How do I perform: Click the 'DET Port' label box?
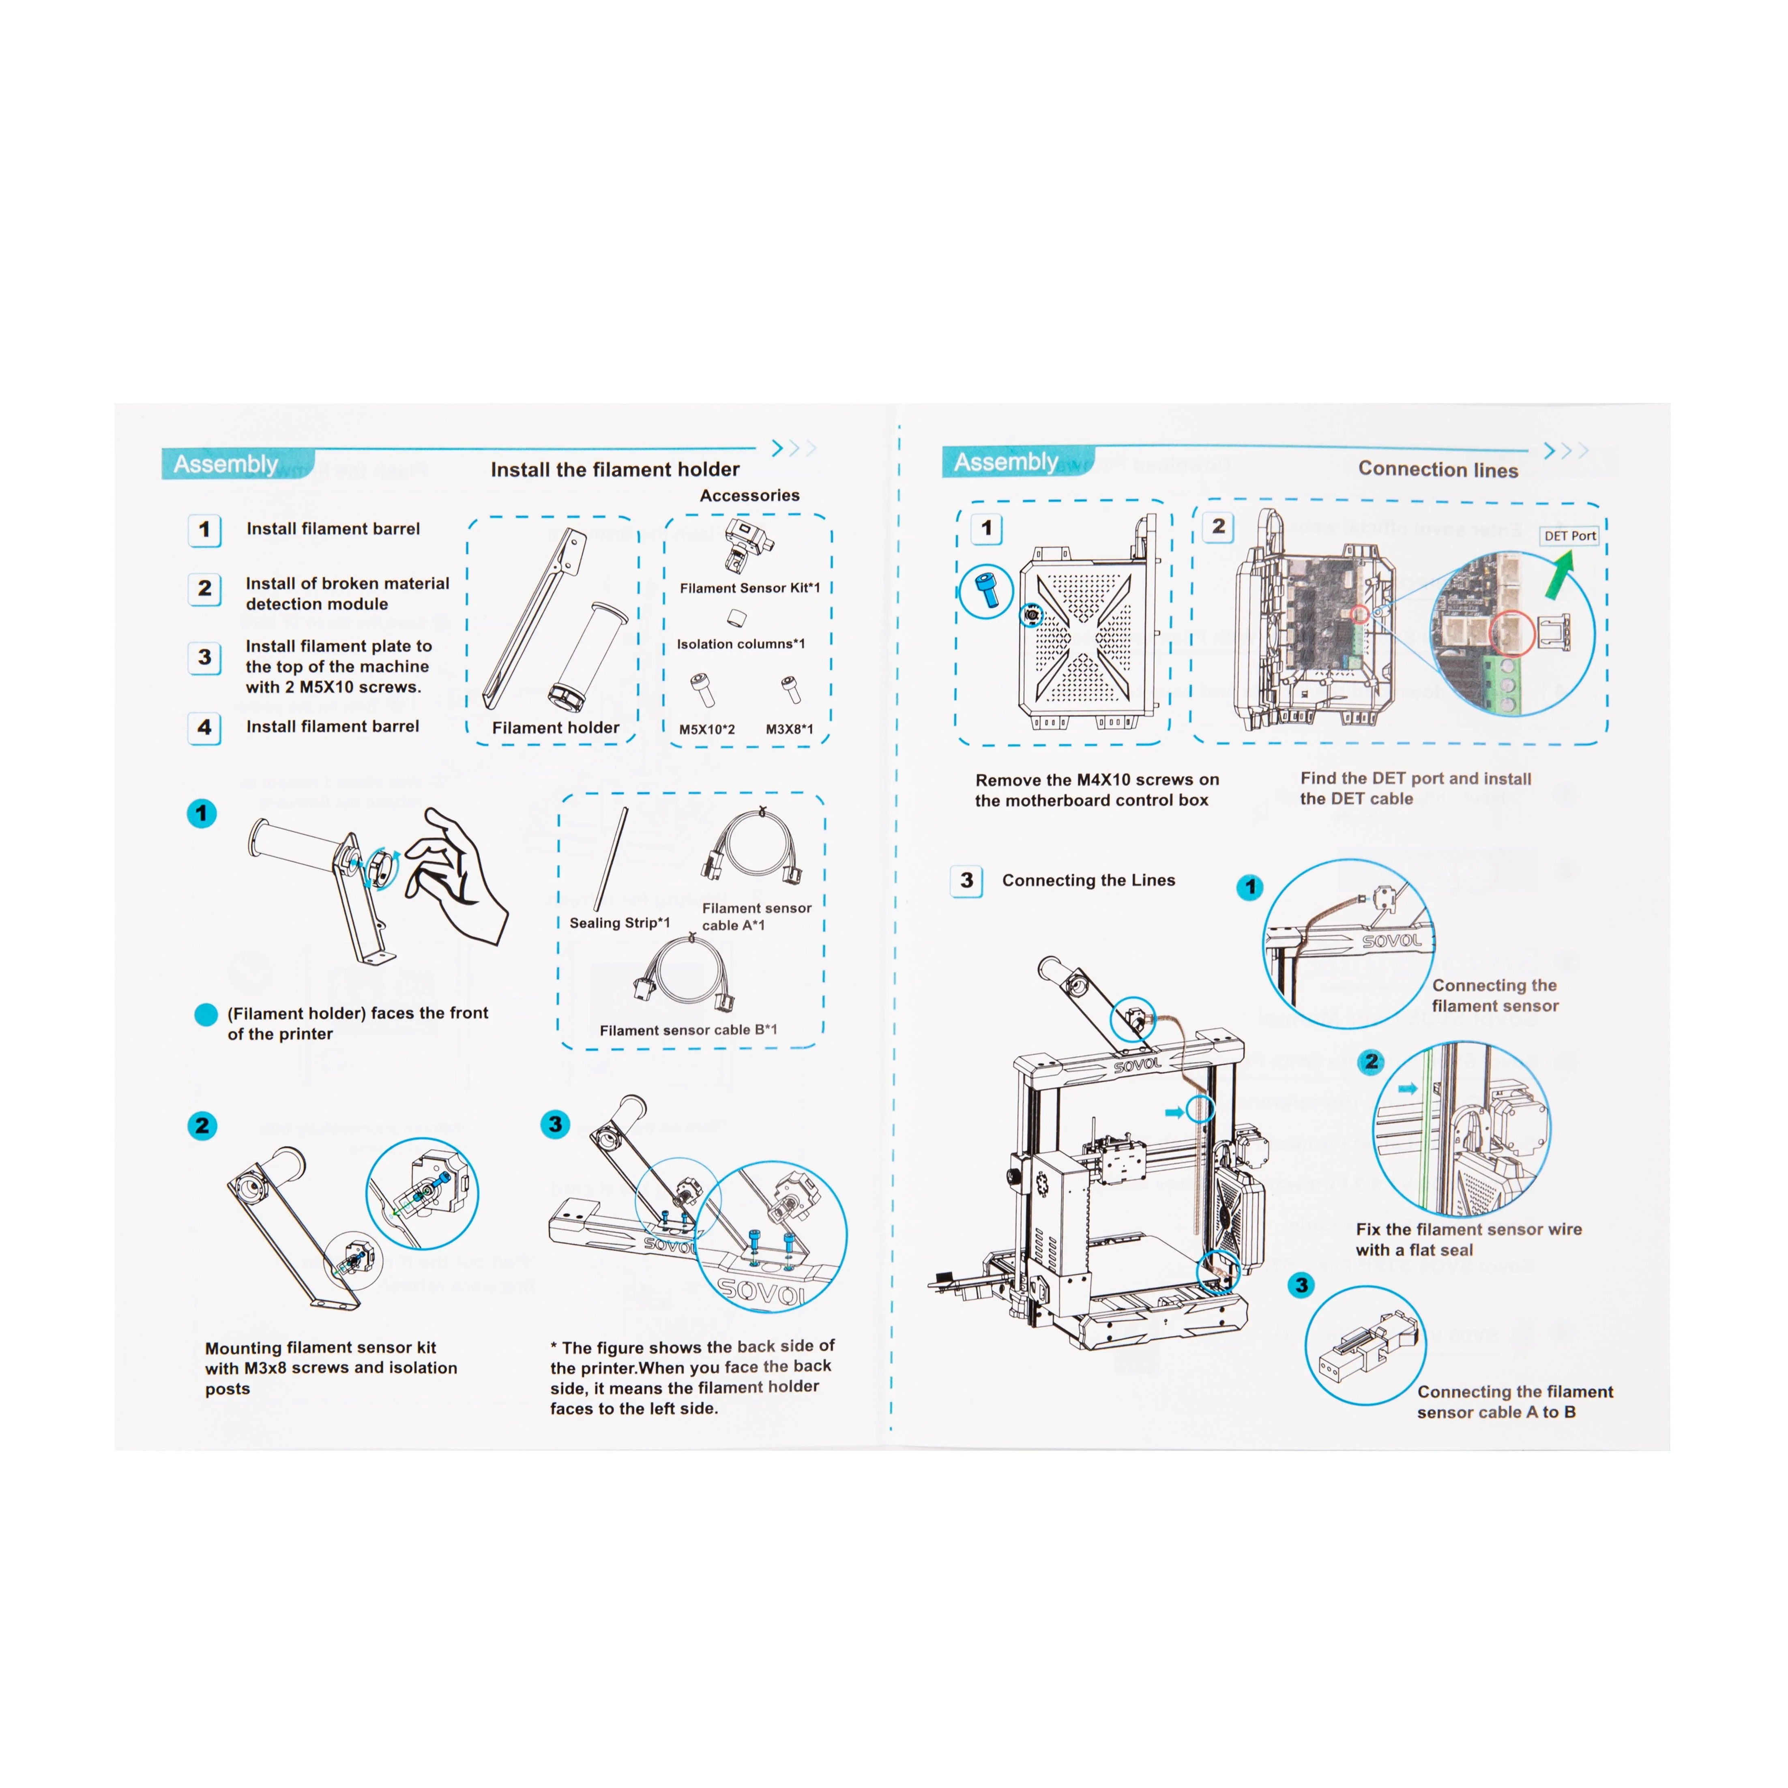click(1569, 536)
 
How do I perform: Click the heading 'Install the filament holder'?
click(614, 469)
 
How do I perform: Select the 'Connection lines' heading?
click(1437, 469)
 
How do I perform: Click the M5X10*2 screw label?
click(707, 729)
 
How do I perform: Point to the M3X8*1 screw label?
click(790, 729)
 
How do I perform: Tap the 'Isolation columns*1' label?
click(741, 644)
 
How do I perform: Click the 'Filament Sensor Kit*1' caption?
click(749, 588)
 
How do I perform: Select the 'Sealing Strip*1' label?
click(619, 923)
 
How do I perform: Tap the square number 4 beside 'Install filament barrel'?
click(204, 728)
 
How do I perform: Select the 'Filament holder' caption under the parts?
click(555, 728)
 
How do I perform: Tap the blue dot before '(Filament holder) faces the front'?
click(206, 1014)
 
